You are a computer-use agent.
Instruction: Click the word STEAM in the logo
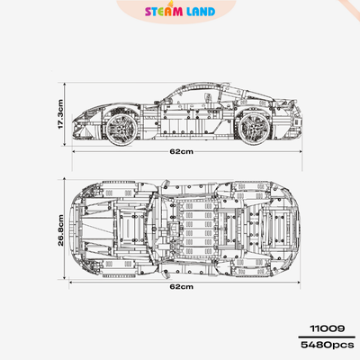[164, 12]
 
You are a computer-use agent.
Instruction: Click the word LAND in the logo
[201, 12]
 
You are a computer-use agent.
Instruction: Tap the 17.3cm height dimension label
[60, 114]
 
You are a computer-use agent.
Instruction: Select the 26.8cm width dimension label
[60, 230]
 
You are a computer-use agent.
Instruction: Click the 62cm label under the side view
[182, 151]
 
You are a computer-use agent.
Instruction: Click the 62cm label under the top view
[182, 286]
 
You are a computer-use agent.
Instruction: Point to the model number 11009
[328, 328]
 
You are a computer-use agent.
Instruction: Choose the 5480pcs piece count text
[328, 345]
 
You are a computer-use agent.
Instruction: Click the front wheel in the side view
[121, 129]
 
